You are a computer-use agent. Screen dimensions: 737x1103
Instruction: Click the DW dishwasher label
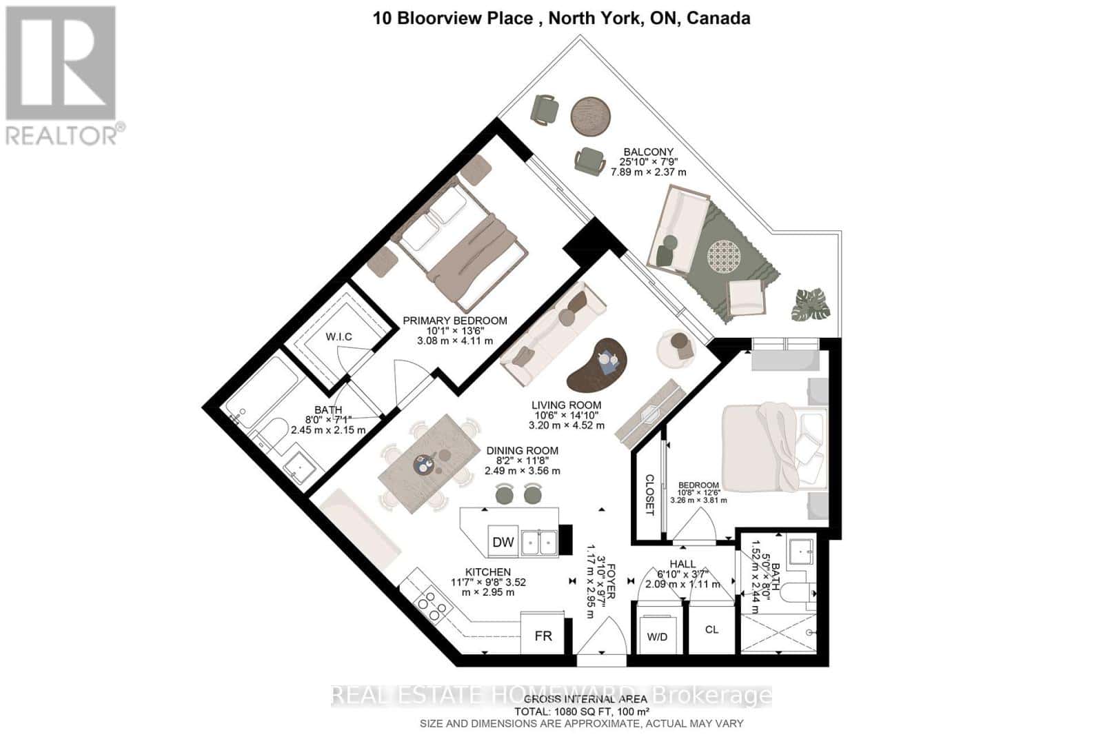coord(503,542)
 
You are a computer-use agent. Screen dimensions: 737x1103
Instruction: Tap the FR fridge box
coord(543,636)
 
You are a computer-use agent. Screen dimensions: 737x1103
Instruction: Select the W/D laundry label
coord(657,636)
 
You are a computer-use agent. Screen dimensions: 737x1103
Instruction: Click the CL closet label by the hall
coord(711,629)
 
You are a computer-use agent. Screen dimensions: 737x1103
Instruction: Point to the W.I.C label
coord(338,336)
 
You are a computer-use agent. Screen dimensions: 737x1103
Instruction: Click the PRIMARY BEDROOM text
coord(454,321)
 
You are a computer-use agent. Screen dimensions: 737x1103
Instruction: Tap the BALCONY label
coord(648,152)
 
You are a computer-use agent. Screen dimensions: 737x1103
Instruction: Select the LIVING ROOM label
coord(566,405)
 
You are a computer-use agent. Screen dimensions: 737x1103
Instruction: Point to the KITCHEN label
coord(487,572)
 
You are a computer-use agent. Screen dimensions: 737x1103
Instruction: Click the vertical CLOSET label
coord(649,495)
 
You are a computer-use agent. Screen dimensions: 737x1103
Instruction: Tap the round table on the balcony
coord(591,115)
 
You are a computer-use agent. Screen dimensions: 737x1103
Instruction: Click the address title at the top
coord(561,19)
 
